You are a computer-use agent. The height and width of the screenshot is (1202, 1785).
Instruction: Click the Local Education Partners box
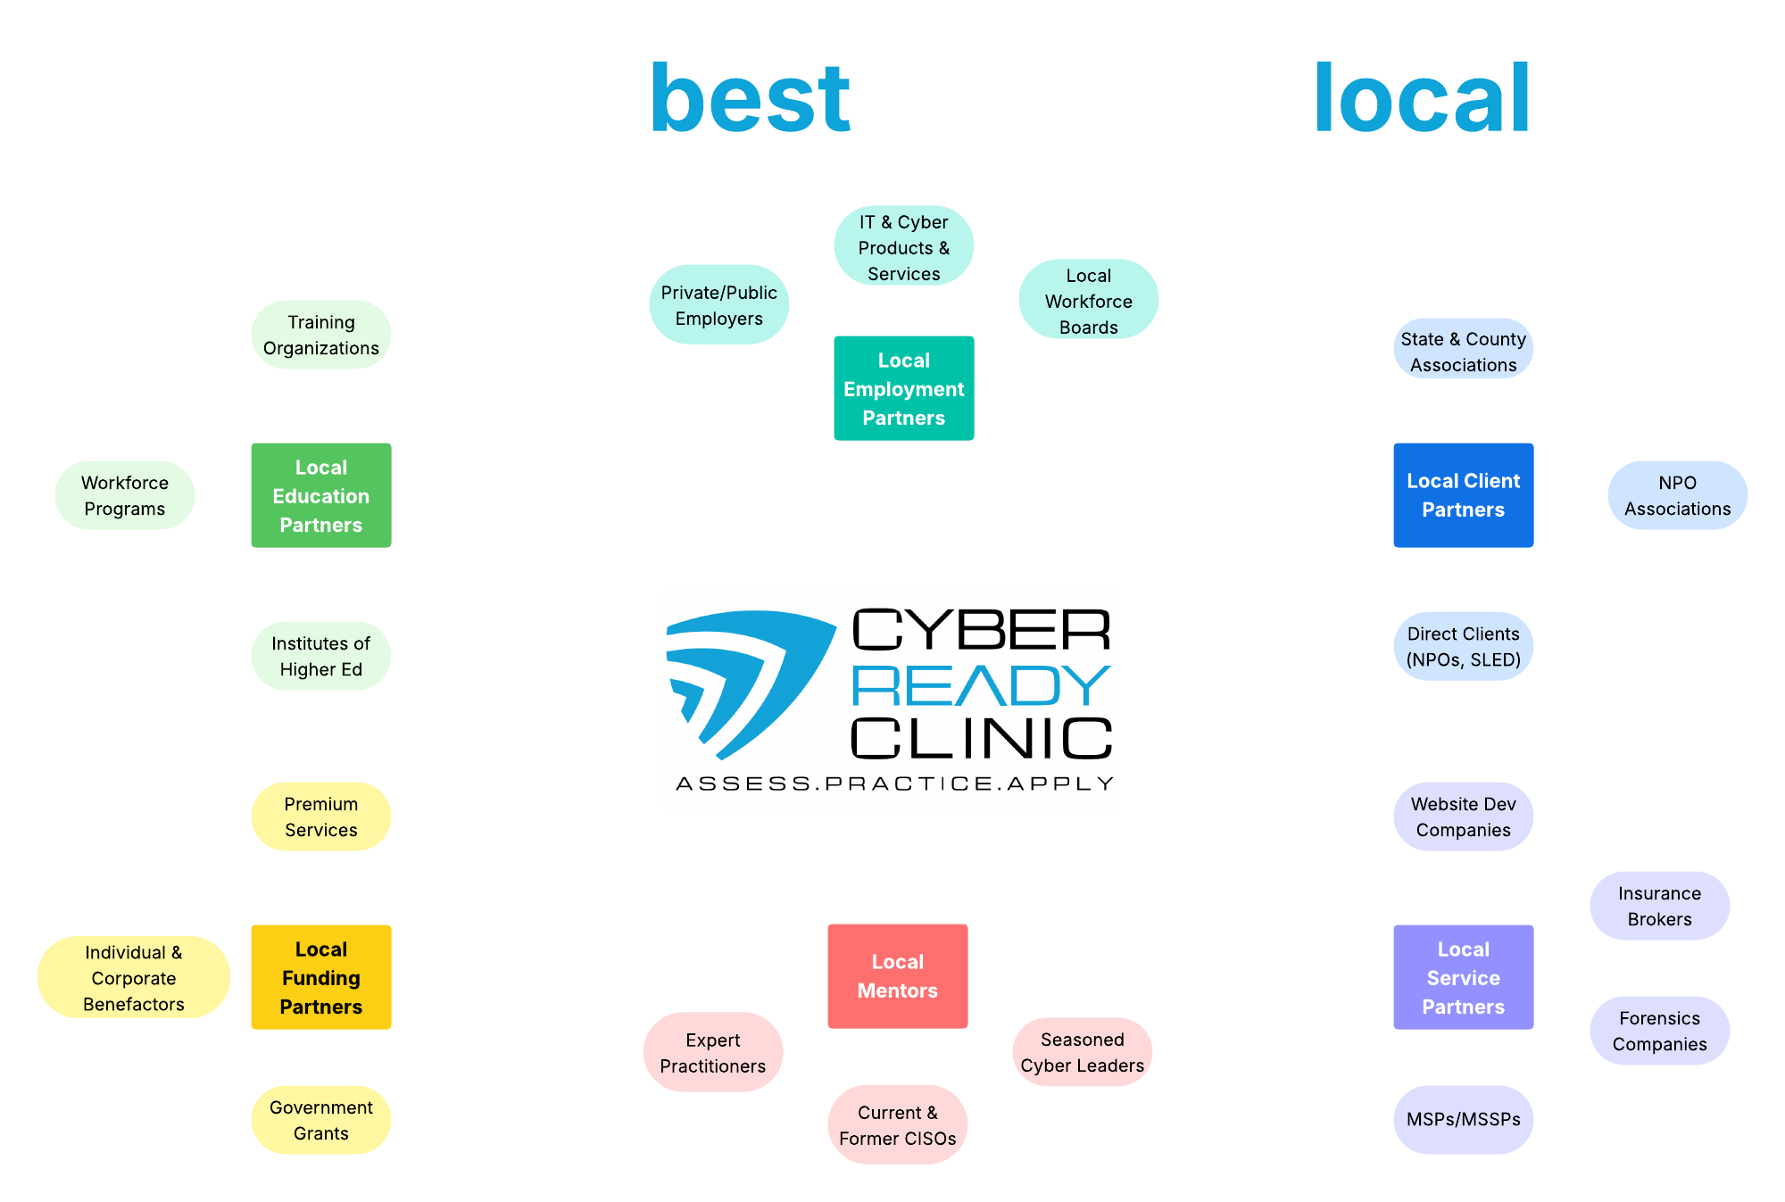(x=321, y=495)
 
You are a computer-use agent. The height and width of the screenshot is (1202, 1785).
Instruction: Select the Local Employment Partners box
(x=903, y=388)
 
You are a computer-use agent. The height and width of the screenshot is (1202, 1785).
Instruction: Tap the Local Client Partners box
(x=1463, y=495)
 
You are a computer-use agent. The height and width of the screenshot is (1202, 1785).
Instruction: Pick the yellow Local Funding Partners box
(x=321, y=977)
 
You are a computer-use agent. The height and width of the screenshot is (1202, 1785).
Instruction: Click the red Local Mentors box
(x=897, y=976)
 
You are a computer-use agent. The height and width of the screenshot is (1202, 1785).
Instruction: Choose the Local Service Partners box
(x=1463, y=977)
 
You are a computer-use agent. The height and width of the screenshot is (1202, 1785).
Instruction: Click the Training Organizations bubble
(x=321, y=335)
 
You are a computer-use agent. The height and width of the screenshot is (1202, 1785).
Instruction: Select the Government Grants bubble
(x=321, y=1120)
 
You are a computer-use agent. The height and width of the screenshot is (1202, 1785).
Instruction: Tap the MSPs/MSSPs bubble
(x=1463, y=1119)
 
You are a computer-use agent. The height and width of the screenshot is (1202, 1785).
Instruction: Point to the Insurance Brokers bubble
(x=1659, y=906)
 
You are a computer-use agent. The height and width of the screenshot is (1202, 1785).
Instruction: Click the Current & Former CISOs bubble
(x=897, y=1125)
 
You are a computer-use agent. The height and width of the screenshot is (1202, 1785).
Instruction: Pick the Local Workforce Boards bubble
(x=1088, y=301)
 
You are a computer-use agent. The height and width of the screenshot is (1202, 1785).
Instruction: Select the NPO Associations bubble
(x=1677, y=495)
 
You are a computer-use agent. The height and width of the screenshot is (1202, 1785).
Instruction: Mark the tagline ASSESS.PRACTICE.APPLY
(x=894, y=783)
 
